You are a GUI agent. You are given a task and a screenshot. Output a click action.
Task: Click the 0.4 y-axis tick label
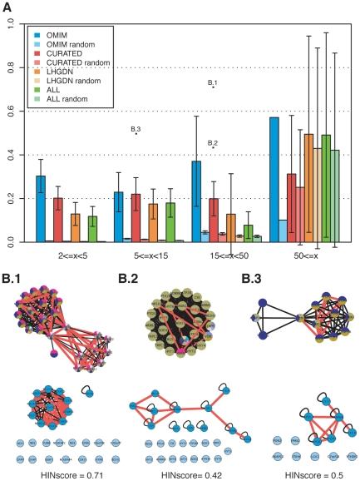[x=11, y=155]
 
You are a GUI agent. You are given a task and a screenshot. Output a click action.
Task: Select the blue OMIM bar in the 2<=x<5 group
[x=41, y=208]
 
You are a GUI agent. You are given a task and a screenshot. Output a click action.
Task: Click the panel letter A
[x=9, y=7]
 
